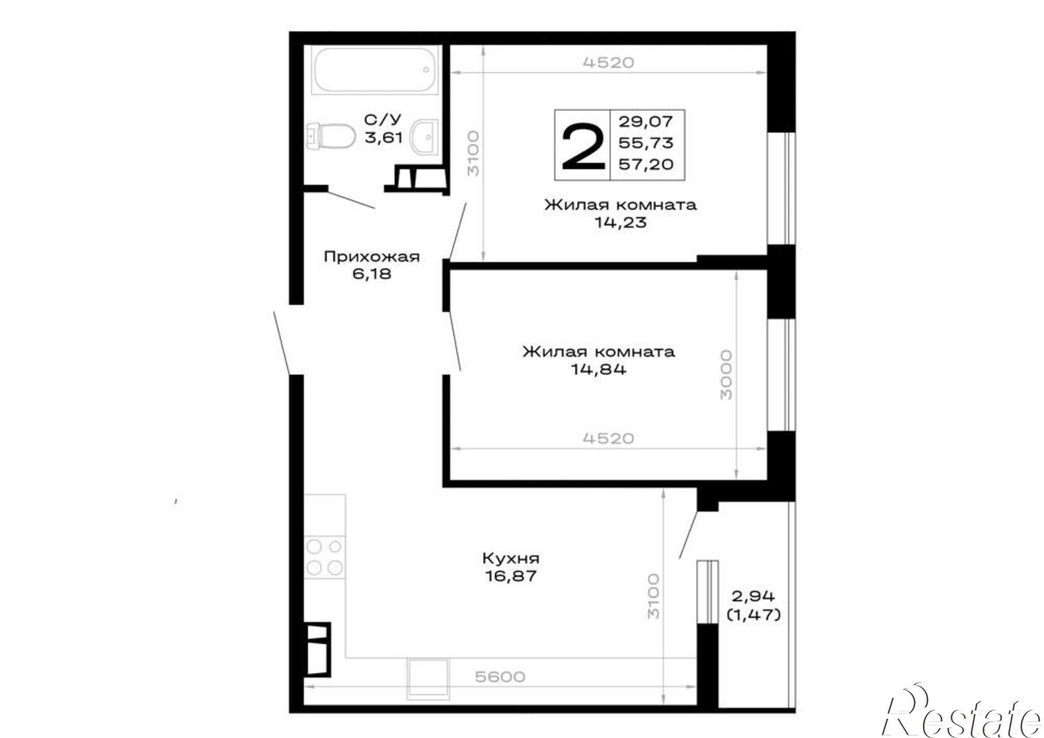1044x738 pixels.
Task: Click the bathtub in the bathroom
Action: pyautogui.click(x=375, y=70)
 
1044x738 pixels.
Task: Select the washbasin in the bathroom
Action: pyautogui.click(x=424, y=137)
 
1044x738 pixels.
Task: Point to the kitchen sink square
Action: pyautogui.click(x=428, y=679)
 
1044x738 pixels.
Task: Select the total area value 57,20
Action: pyautogui.click(x=646, y=164)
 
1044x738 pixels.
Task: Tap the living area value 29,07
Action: pyautogui.click(x=646, y=122)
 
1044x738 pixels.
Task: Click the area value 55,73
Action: pyautogui.click(x=646, y=143)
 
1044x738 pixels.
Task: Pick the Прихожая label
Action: pyautogui.click(x=372, y=257)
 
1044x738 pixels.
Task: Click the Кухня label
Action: pyautogui.click(x=511, y=558)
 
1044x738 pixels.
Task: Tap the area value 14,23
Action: pyautogui.click(x=620, y=222)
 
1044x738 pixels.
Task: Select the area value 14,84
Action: pyautogui.click(x=598, y=370)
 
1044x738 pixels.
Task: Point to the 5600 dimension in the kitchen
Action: pyautogui.click(x=500, y=677)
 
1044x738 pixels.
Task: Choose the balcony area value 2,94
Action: pyautogui.click(x=754, y=596)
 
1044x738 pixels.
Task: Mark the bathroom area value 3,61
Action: pyautogui.click(x=384, y=138)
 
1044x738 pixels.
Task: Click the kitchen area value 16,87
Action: pyautogui.click(x=511, y=577)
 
